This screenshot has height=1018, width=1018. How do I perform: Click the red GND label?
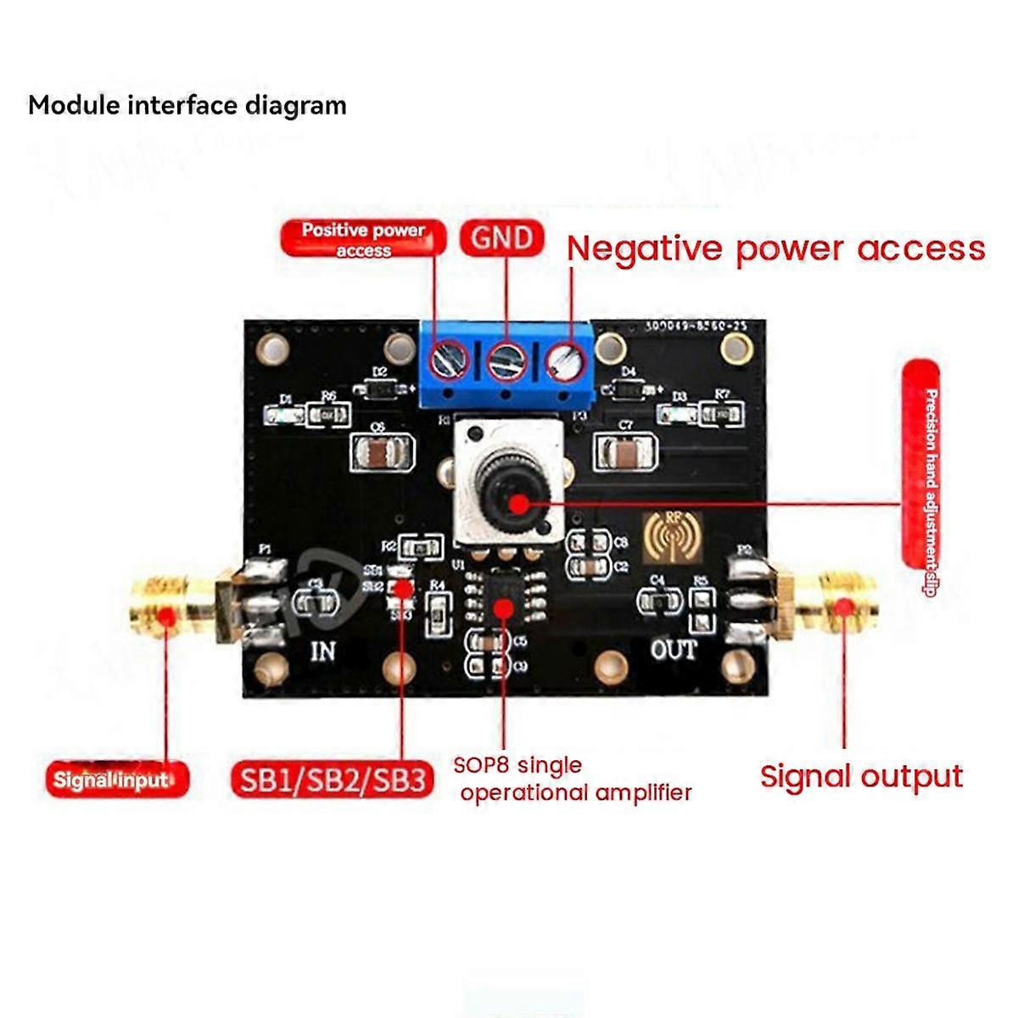click(x=501, y=238)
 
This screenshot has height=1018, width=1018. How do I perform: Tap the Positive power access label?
click(x=363, y=238)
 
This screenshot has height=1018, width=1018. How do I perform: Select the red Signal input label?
click(x=117, y=779)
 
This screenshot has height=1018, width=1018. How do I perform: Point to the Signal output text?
click(x=861, y=777)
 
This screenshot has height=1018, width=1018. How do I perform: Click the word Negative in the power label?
click(x=646, y=249)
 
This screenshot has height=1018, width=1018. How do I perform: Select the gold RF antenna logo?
click(x=674, y=538)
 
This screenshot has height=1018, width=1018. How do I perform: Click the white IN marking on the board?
click(x=322, y=651)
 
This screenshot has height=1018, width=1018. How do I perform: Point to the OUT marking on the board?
click(x=674, y=650)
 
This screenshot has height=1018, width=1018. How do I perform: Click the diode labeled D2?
click(x=380, y=388)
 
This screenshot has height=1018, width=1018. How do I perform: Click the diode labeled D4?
click(x=629, y=388)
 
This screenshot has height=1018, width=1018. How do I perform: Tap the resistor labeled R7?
click(x=723, y=413)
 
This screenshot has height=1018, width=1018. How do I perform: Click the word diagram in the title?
click(x=295, y=105)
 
